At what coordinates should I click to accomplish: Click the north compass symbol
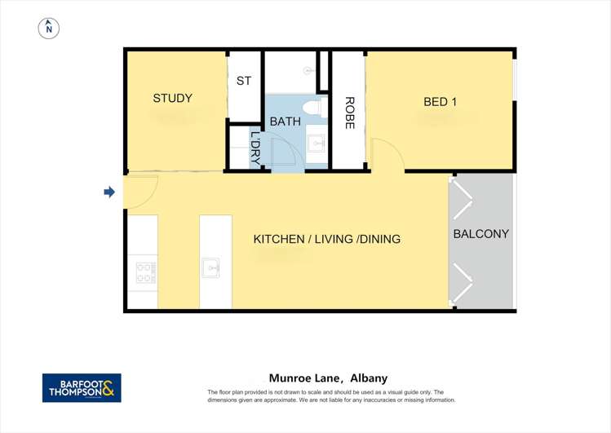tap(49, 28)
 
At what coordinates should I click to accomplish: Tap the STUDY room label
tap(173, 99)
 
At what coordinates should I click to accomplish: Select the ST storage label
tap(244, 81)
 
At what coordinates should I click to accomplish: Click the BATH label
tap(286, 122)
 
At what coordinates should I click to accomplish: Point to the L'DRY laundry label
tap(255, 148)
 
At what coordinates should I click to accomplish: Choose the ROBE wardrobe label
tap(349, 113)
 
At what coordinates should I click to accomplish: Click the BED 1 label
tap(441, 102)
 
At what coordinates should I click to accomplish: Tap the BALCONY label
tap(481, 234)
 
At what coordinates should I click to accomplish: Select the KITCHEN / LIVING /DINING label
tap(327, 240)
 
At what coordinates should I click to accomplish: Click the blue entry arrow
tap(109, 192)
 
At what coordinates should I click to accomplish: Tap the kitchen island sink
tap(211, 267)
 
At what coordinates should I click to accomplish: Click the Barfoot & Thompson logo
tap(82, 387)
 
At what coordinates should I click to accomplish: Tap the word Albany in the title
tap(369, 378)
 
